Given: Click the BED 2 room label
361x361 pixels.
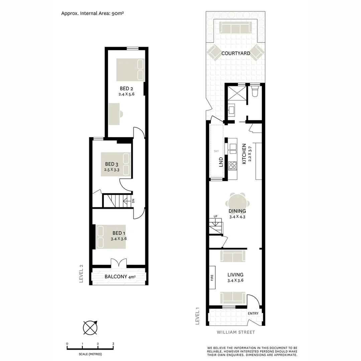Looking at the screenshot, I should click(x=127, y=89).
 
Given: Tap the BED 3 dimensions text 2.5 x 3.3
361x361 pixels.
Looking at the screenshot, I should click(x=112, y=170).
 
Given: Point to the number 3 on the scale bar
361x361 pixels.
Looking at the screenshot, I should click(x=113, y=344).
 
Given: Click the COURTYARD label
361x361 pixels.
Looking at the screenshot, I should click(x=236, y=53).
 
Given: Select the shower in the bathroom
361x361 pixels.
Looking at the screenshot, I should click(x=236, y=93).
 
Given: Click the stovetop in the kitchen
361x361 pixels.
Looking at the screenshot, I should click(x=232, y=165).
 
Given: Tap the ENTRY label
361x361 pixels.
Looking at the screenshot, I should click(x=253, y=313).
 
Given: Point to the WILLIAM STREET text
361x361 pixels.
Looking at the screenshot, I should click(x=236, y=332).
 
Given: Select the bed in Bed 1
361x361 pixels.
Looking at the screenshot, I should click(x=111, y=236).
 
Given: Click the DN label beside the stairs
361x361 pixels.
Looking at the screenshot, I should click(x=133, y=201).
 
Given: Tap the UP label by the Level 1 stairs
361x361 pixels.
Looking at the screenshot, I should click(x=215, y=216).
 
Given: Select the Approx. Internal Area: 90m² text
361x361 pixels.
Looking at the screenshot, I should click(x=93, y=13).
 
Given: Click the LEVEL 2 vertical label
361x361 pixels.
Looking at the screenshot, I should click(x=81, y=274).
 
